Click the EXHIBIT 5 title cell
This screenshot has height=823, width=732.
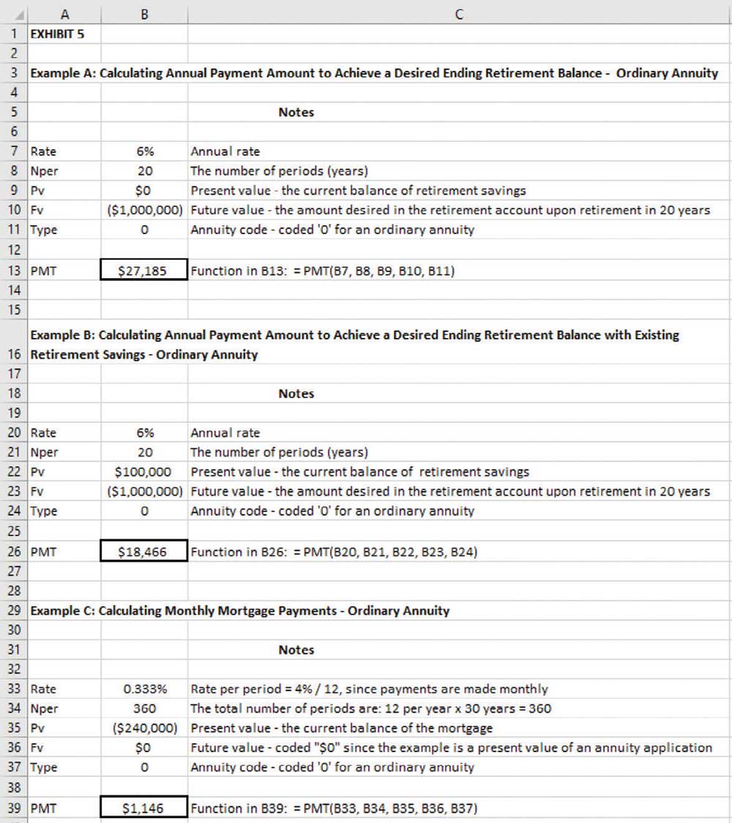pos(57,34)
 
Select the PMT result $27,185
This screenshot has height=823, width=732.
pos(144,271)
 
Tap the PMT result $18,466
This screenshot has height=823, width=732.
pos(144,552)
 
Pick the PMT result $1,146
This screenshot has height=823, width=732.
pos(144,808)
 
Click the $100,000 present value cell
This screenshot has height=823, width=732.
pos(144,472)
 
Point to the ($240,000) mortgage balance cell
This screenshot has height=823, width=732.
pos(144,728)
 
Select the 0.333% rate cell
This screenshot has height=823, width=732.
pos(144,689)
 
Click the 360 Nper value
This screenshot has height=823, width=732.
pos(144,708)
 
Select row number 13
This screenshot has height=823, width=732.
pos(14,271)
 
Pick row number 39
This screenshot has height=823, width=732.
pos(14,808)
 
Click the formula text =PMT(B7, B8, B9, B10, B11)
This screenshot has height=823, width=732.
pos(322,271)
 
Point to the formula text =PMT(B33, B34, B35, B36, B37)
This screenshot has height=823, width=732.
pos(334,808)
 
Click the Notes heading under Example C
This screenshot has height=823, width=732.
pos(296,650)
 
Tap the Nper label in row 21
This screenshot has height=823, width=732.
pos(44,452)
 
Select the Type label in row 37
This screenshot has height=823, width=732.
pos(43,767)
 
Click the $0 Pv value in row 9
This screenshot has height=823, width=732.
pos(144,190)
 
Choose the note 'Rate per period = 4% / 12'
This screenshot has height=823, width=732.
pos(369,689)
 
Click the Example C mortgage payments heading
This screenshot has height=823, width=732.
pos(239,610)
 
